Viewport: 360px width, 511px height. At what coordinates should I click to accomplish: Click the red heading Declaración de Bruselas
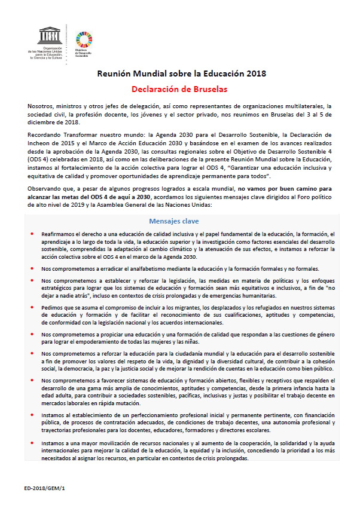(180, 90)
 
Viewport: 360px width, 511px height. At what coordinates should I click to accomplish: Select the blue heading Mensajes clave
(178, 221)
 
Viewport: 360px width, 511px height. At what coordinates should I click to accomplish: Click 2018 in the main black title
(254, 74)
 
